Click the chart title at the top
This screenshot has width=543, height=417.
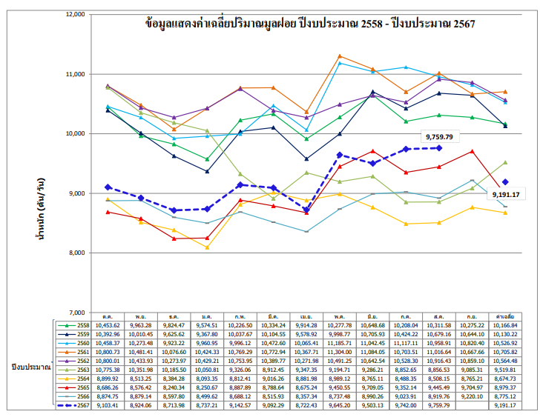[311, 24]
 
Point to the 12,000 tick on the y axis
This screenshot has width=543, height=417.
[76, 15]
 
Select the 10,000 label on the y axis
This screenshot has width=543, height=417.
[76, 134]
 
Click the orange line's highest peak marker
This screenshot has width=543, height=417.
[339, 56]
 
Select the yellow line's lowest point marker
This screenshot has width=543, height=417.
[207, 247]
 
